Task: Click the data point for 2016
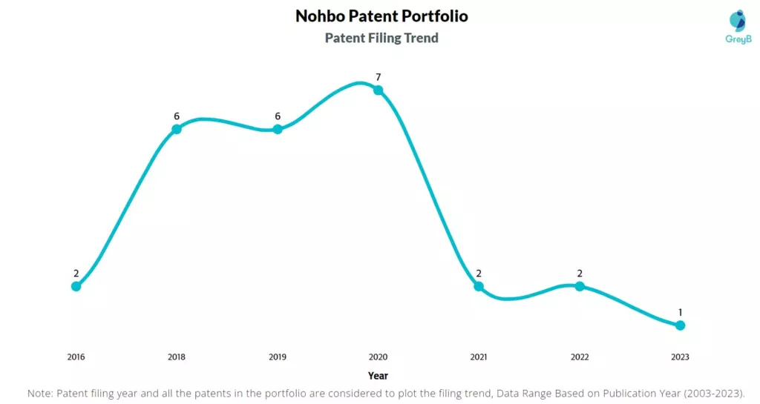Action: click(76, 286)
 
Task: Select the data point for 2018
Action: click(177, 129)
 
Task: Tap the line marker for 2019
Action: click(278, 129)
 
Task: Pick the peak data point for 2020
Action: click(378, 90)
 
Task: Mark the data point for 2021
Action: click(479, 286)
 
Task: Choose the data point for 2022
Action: click(580, 286)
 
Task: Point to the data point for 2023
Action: click(680, 325)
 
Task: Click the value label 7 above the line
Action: click(378, 77)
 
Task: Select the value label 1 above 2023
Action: click(680, 312)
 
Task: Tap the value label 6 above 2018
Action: click(177, 116)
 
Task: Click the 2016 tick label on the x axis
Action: click(76, 357)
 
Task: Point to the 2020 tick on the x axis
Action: click(378, 357)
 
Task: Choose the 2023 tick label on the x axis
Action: click(680, 357)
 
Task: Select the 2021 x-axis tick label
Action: click(479, 357)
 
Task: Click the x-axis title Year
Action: click(378, 376)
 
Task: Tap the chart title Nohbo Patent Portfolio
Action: click(381, 16)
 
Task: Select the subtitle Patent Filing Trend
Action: click(381, 38)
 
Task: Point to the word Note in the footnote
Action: click(40, 393)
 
